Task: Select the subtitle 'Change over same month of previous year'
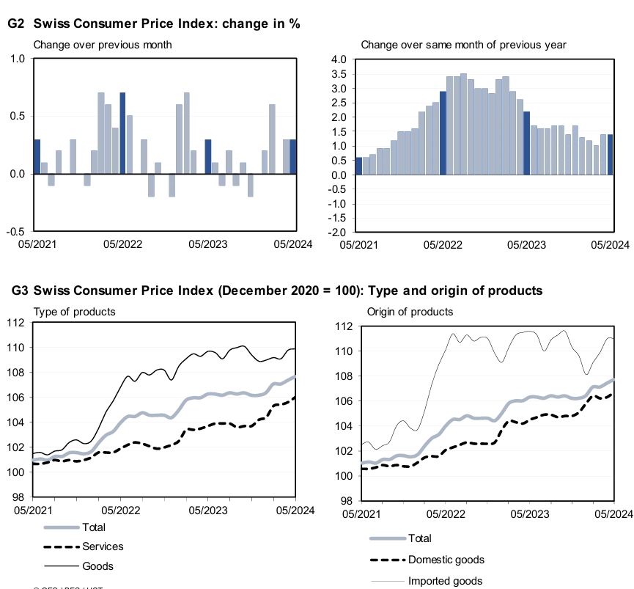[x=463, y=45]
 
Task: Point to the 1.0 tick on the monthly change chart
[x=18, y=59]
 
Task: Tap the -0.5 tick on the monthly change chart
[x=15, y=231]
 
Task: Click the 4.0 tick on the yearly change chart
[x=339, y=59]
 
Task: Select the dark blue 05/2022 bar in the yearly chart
[x=443, y=133]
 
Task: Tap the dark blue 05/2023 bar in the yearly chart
[x=526, y=143]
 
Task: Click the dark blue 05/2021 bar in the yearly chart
[x=358, y=167]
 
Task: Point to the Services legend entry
[x=103, y=546]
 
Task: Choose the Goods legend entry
[x=97, y=566]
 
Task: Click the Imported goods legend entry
[x=445, y=581]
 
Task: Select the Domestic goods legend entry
[x=446, y=560]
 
